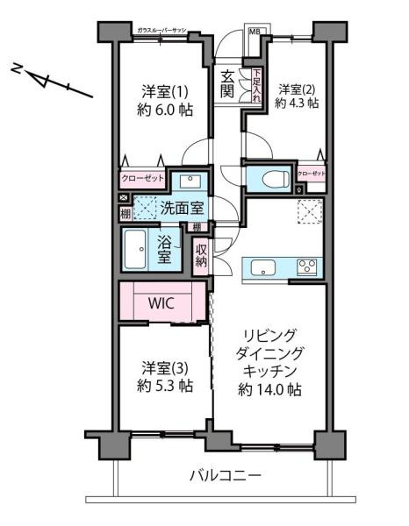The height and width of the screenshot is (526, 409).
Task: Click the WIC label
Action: [161, 303]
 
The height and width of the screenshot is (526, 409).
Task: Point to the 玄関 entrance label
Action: [228, 82]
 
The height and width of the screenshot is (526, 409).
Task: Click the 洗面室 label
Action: [182, 208]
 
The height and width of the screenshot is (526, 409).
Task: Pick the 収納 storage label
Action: [201, 255]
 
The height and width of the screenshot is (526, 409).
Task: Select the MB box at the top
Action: [255, 33]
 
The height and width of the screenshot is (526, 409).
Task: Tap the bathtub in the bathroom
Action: [139, 251]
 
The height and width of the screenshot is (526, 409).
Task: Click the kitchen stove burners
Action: [307, 267]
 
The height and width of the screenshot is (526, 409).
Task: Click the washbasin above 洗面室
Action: [189, 181]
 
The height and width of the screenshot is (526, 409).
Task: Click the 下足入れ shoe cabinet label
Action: [256, 87]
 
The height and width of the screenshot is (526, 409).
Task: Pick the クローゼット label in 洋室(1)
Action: [141, 180]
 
